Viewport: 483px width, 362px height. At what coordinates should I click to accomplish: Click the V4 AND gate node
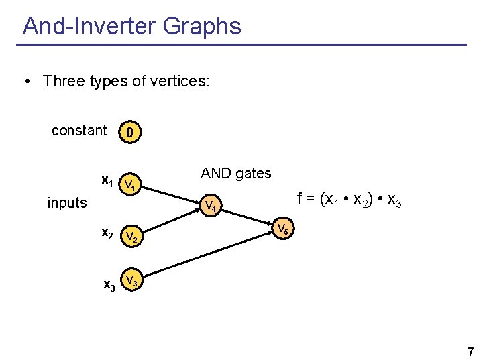tap(211, 204)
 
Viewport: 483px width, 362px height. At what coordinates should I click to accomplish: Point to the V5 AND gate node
tap(284, 229)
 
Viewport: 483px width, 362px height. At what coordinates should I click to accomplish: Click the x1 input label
tap(107, 180)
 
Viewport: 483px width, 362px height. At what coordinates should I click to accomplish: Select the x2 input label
tap(107, 233)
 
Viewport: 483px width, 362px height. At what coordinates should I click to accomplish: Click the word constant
tap(79, 131)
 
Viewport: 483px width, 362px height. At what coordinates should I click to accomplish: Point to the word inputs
tap(67, 202)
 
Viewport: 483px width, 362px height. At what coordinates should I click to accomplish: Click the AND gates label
tap(236, 174)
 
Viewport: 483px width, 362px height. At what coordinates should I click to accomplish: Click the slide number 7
tap(470, 351)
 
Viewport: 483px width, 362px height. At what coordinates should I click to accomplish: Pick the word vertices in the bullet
tap(182, 82)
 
